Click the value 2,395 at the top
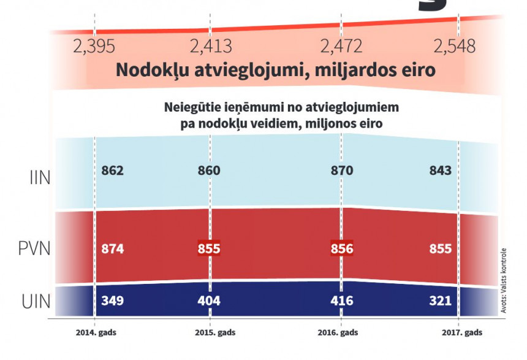tap(93, 46)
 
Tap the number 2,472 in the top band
tap(341, 46)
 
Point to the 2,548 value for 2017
tap(454, 46)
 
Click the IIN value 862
tap(113, 170)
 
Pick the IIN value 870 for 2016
tap(341, 170)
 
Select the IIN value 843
tap(441, 170)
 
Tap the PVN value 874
tap(113, 249)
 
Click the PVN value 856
tap(341, 249)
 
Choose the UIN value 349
tap(113, 301)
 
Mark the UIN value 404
tap(209, 301)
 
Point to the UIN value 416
tap(341, 301)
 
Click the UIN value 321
tap(441, 301)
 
